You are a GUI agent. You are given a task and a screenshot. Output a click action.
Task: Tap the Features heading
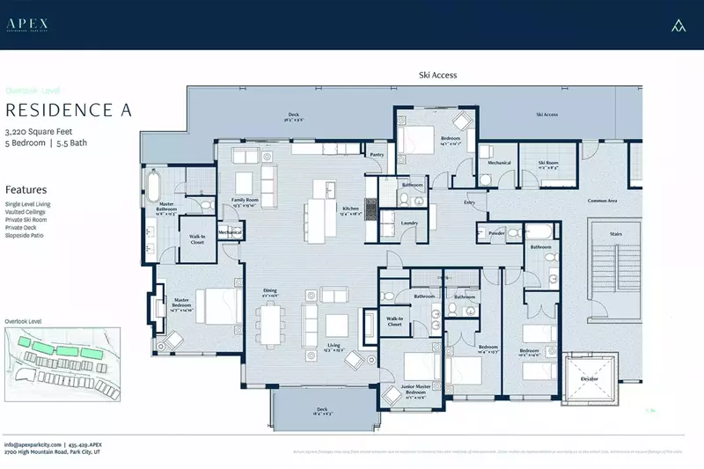coord(26,189)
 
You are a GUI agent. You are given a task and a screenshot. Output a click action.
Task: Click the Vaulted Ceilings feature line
coord(26,212)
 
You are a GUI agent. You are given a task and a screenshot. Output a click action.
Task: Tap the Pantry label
coord(377,155)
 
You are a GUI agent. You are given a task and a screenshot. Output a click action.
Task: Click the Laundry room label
coord(408,223)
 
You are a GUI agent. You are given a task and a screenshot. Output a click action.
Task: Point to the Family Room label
coord(244,200)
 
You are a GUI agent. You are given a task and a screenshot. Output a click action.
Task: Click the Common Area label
coord(602,201)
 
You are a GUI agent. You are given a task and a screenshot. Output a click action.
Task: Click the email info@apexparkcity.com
coord(32,444)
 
